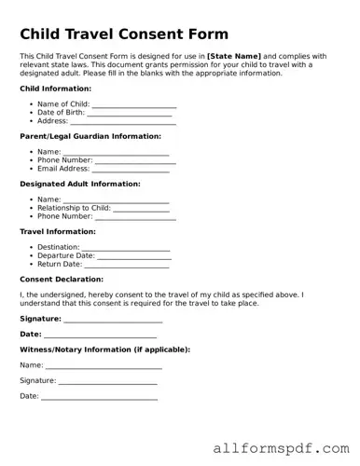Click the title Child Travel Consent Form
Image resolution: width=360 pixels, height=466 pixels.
(124, 34)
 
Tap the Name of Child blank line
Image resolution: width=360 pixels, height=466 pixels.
(133, 105)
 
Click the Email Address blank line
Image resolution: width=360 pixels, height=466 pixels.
(130, 170)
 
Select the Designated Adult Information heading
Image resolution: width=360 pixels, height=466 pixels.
(79, 185)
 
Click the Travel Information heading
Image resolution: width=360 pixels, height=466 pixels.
(58, 231)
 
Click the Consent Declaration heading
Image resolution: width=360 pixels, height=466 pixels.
(62, 280)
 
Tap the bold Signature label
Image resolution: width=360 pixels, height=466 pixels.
(40, 318)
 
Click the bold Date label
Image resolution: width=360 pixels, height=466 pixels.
(31, 334)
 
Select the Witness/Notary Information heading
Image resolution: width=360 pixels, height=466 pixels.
(104, 349)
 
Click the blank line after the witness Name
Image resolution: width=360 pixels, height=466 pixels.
(103, 367)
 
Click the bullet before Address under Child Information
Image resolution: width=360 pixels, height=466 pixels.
(31, 121)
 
